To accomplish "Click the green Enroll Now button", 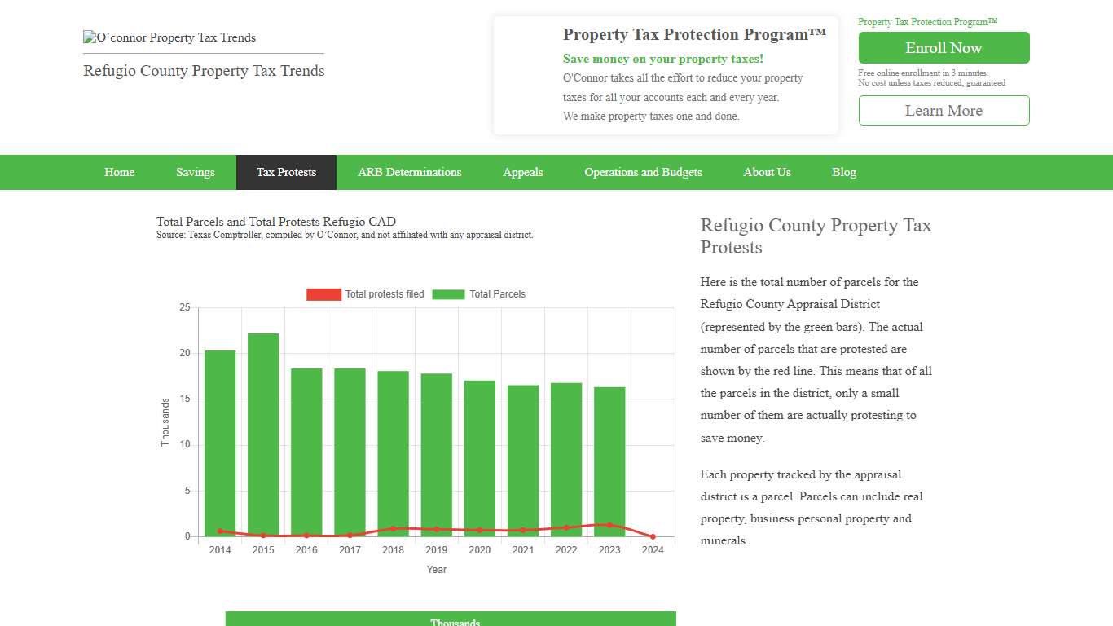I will [944, 48].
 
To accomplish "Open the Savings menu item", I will [196, 172].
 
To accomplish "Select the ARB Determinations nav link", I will [410, 172].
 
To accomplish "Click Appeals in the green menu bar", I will [523, 172].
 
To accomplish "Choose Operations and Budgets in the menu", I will [643, 172].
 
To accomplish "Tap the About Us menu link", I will [767, 172].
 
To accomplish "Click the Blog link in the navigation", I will [844, 172].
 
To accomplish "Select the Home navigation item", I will [120, 172].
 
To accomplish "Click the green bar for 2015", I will [263, 432].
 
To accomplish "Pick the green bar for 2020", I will [480, 456].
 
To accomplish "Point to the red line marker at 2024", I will [653, 536].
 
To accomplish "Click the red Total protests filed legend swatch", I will [323, 294].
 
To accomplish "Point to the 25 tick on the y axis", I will [185, 307].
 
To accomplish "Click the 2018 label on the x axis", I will [393, 550].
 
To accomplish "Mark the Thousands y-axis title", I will [165, 421].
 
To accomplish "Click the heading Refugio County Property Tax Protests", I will [816, 236].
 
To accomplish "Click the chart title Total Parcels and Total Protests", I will [276, 222].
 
